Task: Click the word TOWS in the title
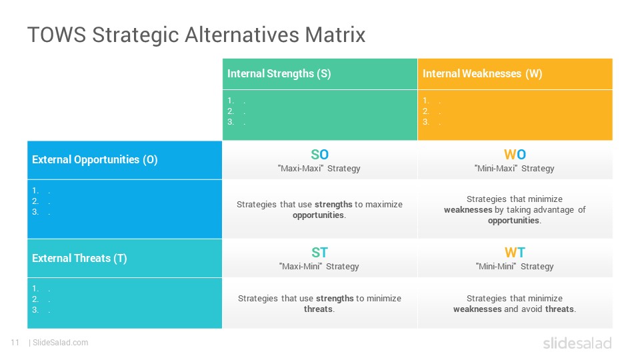[x=57, y=34]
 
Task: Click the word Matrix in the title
[x=335, y=34]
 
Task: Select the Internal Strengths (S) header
[x=279, y=73]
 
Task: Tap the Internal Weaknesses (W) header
[x=482, y=73]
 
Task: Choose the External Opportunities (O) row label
[x=95, y=159]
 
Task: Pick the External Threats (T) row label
[x=79, y=258]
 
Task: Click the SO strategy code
[x=319, y=154]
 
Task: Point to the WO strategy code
[x=515, y=154]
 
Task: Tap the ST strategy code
[x=319, y=252]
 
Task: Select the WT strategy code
[x=515, y=252]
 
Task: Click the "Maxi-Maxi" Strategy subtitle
[x=319, y=168]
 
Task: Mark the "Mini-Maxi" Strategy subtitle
[x=514, y=168]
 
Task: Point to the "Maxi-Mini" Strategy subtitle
[x=319, y=266]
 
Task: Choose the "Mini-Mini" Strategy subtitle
[x=515, y=266]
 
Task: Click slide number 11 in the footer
[x=15, y=343]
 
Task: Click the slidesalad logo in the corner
[x=577, y=343]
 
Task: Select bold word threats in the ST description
[x=318, y=309]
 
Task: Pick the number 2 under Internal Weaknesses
[x=425, y=111]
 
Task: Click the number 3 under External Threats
[x=35, y=310]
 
